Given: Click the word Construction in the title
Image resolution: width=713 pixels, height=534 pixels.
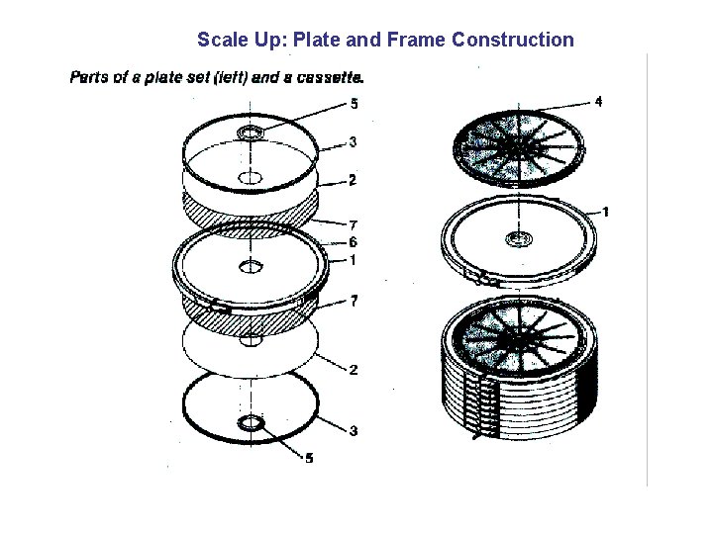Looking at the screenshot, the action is (513, 40).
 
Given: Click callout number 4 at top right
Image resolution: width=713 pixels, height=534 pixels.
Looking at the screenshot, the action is (598, 101).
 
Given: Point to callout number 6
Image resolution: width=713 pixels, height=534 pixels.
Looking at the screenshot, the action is (353, 242).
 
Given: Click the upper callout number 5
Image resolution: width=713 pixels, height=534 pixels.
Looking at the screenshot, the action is (354, 104).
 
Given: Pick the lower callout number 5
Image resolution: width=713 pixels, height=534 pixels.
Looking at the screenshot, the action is (309, 458).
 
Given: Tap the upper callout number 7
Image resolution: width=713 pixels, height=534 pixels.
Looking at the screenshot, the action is (354, 224).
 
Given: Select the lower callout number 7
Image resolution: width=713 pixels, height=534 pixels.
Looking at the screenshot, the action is (354, 301).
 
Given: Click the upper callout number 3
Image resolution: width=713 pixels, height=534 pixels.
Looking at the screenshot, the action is (353, 142).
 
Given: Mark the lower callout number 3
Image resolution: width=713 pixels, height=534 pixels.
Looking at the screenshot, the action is (354, 430).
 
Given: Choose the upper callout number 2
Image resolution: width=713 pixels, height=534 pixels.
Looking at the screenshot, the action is (353, 180).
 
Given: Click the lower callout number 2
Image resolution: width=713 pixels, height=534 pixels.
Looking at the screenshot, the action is (354, 370).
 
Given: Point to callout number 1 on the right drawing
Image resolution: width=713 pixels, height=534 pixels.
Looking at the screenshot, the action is (605, 212).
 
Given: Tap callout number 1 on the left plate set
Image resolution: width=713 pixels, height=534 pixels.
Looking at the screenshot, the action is (353, 261).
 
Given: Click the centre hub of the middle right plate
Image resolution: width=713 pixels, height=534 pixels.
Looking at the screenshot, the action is (519, 239).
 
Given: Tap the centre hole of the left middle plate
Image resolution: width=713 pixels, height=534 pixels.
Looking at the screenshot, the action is (251, 267).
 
